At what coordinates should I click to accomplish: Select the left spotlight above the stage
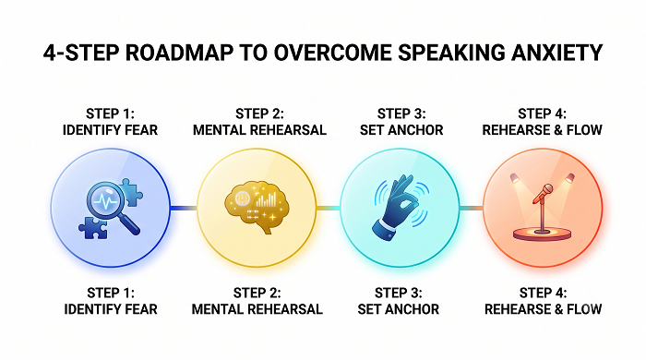515,178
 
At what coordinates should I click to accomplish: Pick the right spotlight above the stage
569,178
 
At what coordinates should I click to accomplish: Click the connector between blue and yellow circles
184,208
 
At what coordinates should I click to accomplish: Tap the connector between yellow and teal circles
329,208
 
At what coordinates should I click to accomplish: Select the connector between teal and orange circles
472,208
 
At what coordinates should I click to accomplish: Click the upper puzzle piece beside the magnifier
132,192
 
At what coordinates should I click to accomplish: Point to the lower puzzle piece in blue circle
93,228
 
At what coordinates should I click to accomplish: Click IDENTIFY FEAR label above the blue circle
110,130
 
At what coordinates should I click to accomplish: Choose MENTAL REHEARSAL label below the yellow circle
257,309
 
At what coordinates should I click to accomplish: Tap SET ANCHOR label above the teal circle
401,130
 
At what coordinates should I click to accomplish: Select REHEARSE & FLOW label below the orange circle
543,309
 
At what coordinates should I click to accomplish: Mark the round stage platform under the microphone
543,234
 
